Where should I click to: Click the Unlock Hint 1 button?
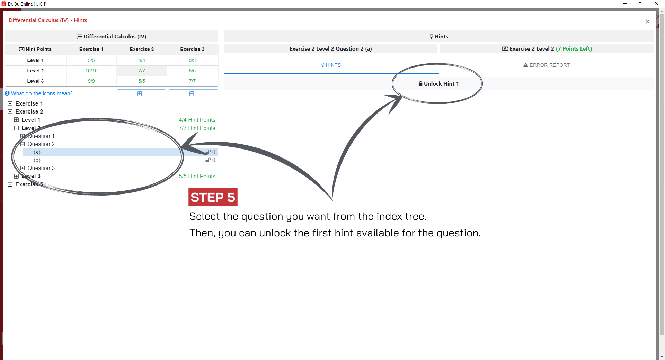pyautogui.click(x=438, y=83)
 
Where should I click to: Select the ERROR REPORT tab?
pyautogui.click(x=546, y=65)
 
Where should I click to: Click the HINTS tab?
pyautogui.click(x=331, y=65)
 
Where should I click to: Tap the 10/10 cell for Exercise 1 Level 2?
pyautogui.click(x=91, y=71)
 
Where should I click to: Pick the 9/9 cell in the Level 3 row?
pyautogui.click(x=91, y=81)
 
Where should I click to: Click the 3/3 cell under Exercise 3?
pyautogui.click(x=192, y=60)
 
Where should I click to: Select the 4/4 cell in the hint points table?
pyautogui.click(x=142, y=60)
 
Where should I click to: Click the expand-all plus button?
pyautogui.click(x=141, y=94)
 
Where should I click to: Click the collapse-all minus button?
pyautogui.click(x=193, y=94)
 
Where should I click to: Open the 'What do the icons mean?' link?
pyautogui.click(x=42, y=93)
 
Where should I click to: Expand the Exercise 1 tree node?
pyautogui.click(x=10, y=103)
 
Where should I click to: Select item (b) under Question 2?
pyautogui.click(x=37, y=160)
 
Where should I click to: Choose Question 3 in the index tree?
pyautogui.click(x=41, y=168)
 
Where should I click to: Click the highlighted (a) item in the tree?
pyautogui.click(x=37, y=152)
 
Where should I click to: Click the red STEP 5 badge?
pyautogui.click(x=213, y=197)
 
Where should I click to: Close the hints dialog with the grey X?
pyautogui.click(x=648, y=21)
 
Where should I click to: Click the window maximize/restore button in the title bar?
pyautogui.click(x=640, y=4)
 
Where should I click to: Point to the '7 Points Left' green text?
pyautogui.click(x=574, y=49)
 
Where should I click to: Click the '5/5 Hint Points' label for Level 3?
pyautogui.click(x=197, y=176)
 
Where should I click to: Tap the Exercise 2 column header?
pyautogui.click(x=142, y=49)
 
